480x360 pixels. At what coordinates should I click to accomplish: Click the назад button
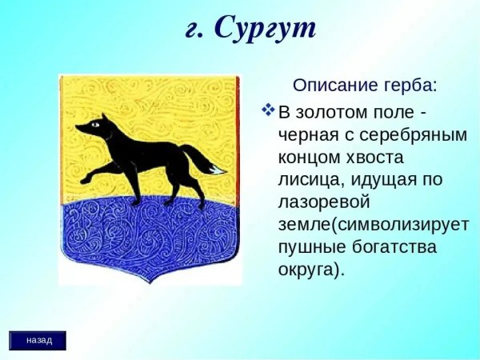[x=38, y=340]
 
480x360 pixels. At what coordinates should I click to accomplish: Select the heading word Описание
[x=330, y=85]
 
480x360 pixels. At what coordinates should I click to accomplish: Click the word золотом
[x=329, y=111]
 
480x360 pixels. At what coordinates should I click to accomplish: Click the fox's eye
[x=96, y=124]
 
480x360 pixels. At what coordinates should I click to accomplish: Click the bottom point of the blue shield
[x=150, y=280]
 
